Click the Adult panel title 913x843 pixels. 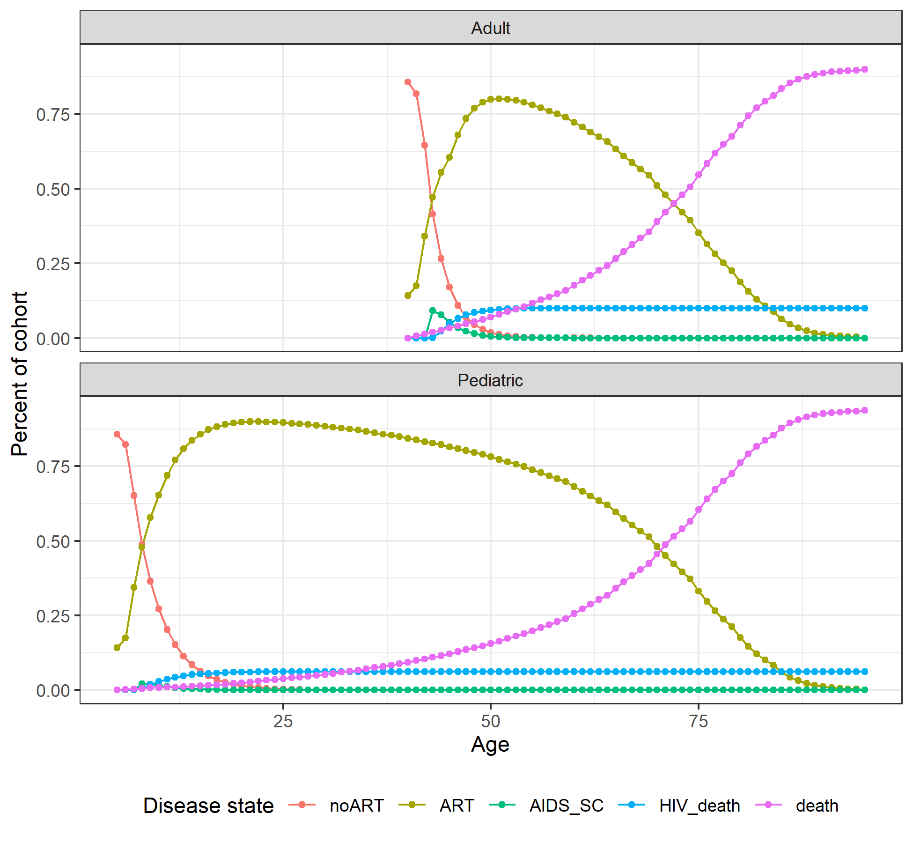[x=490, y=28]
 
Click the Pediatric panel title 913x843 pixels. [x=490, y=380]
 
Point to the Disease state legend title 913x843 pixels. [x=208, y=806]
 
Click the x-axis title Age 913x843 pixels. [x=490, y=744]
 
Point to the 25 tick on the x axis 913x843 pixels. [x=283, y=721]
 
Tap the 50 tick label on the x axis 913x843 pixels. [x=491, y=721]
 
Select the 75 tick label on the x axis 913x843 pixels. [x=698, y=721]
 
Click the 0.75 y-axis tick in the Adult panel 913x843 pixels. [x=53, y=114]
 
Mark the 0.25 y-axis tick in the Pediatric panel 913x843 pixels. [x=53, y=616]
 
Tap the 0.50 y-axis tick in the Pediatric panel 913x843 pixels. [x=53, y=541]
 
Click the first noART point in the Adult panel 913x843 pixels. [x=408, y=82]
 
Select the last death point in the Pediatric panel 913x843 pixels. [x=865, y=410]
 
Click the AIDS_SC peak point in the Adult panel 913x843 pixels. [x=433, y=311]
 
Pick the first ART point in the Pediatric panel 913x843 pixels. [x=117, y=648]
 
